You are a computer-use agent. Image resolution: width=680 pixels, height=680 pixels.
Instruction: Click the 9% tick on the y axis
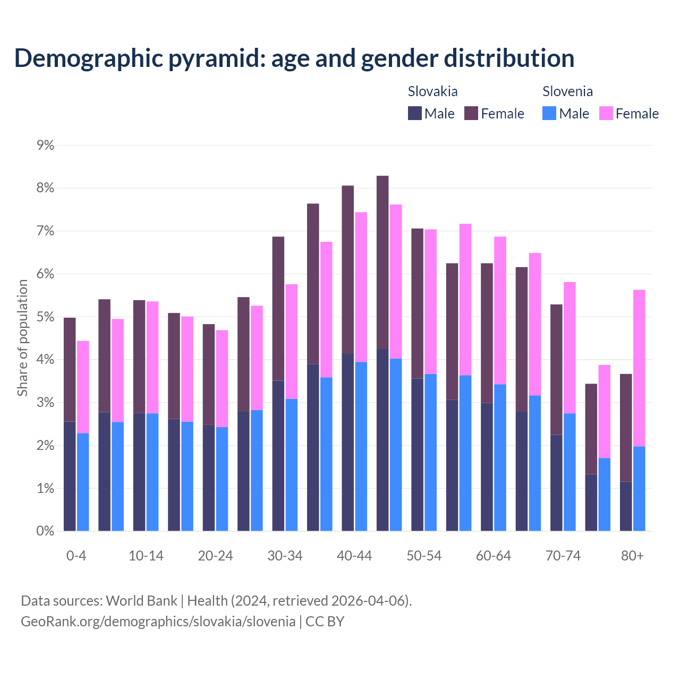pyautogui.click(x=45, y=146)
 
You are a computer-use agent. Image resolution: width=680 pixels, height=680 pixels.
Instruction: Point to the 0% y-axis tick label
pyautogui.click(x=45, y=531)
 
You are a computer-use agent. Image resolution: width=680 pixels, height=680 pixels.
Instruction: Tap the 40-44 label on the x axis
pyautogui.click(x=354, y=556)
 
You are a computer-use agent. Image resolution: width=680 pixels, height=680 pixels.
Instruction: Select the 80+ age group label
pyautogui.click(x=632, y=556)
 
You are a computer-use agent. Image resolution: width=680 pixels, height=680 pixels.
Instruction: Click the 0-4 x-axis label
pyautogui.click(x=76, y=556)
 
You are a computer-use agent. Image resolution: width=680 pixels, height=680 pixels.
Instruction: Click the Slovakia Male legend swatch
pyautogui.click(x=415, y=113)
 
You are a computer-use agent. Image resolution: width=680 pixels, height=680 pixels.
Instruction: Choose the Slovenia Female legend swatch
pyautogui.click(x=606, y=113)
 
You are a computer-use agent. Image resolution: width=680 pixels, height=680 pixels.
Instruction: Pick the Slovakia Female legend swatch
pyautogui.click(x=471, y=113)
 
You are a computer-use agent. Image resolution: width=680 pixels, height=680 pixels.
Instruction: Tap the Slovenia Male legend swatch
pyautogui.click(x=549, y=113)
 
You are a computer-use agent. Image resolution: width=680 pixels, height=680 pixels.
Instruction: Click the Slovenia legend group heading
pyautogui.click(x=567, y=91)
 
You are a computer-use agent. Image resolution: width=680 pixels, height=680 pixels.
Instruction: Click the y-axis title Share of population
pyautogui.click(x=22, y=338)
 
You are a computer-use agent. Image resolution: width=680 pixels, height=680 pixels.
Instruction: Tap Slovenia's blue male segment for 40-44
pyautogui.click(x=361, y=446)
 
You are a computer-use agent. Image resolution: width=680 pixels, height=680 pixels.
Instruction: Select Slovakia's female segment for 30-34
pyautogui.click(x=278, y=308)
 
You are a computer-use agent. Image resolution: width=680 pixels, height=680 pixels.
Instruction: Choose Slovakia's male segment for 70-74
pyautogui.click(x=556, y=483)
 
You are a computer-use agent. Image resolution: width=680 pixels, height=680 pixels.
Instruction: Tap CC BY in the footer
pyautogui.click(x=325, y=622)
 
